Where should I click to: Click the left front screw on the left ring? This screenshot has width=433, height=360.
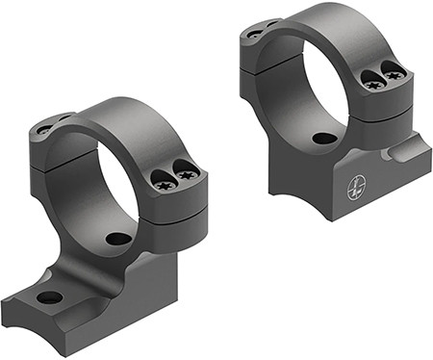click(163, 178)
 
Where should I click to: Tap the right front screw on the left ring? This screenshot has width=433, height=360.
click(188, 174)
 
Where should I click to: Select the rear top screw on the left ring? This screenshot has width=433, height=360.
click(44, 127)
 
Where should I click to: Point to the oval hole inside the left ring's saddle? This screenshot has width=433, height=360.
click(118, 238)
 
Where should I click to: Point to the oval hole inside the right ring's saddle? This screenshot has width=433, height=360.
click(324, 138)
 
